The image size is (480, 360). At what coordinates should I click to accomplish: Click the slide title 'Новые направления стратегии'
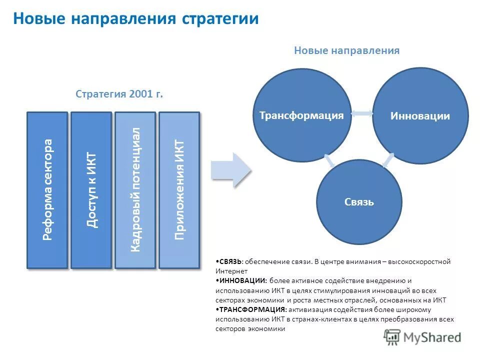pos(135,19)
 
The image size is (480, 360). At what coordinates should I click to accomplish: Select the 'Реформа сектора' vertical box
pos(47,189)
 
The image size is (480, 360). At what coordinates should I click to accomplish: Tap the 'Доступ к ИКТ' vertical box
pos(91,189)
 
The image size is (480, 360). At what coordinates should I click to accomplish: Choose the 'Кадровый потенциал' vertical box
pos(135,189)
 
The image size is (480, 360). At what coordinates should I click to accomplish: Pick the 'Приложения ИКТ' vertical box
pos(179,189)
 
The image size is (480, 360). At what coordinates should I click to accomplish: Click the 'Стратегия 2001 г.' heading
pos(119,94)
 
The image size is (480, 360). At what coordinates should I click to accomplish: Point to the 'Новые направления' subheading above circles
pos(346,50)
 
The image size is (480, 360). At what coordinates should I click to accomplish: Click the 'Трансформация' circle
pos(301,115)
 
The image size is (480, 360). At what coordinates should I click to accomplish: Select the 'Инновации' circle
pos(420,116)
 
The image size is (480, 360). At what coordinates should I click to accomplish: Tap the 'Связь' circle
pos(359,202)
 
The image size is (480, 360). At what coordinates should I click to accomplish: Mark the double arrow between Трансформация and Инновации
pos(362,114)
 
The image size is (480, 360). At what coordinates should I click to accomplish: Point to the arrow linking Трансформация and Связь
pos(329,160)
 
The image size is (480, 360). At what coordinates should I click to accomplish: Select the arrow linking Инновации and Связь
pos(387,160)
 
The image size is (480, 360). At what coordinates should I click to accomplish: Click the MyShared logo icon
pos(392,338)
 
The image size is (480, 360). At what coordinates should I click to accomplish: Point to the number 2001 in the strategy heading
pos(138,94)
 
